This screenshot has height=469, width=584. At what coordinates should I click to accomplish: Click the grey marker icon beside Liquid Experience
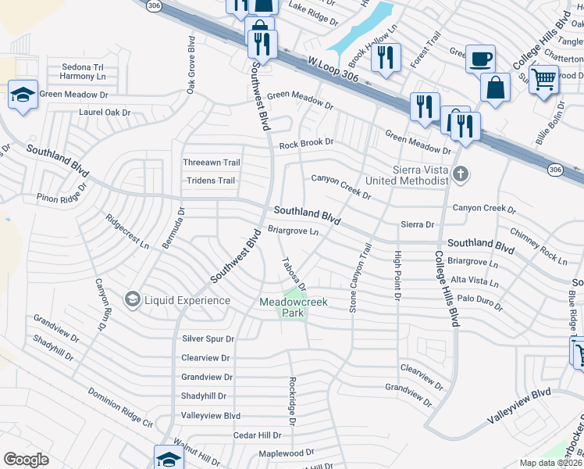pos(132,299)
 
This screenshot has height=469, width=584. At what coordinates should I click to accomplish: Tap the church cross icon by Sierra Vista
pos(461,174)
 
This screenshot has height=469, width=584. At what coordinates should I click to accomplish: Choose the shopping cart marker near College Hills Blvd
pos(543,77)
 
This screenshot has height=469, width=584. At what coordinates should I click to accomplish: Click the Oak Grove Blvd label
pos(191,65)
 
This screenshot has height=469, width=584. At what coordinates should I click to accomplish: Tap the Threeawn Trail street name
pos(211,163)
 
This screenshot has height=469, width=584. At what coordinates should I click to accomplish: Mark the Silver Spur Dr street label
pos(208,338)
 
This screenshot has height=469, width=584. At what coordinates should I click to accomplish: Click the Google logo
pos(27,460)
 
